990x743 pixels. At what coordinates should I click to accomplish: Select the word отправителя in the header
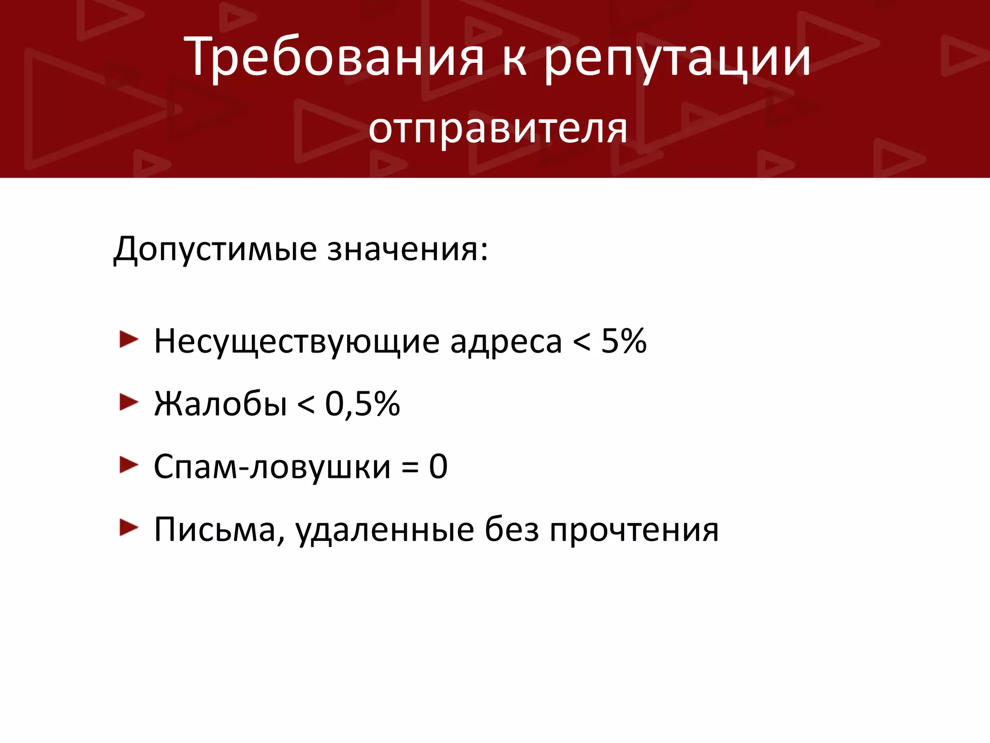[x=497, y=130]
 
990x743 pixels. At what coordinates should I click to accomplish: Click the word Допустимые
[x=215, y=250]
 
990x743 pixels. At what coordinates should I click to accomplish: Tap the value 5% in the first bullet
[x=624, y=341]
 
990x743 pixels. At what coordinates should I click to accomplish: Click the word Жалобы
[x=220, y=404]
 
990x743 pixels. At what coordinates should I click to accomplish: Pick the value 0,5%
[x=362, y=404]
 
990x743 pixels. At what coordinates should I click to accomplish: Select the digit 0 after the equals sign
[x=438, y=467]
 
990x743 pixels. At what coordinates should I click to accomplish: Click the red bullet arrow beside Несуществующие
[x=129, y=340]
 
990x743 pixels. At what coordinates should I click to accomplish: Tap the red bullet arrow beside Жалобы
[x=129, y=402]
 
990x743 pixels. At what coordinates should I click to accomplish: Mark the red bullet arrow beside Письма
[x=129, y=528]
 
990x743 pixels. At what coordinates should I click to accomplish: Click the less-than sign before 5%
[x=582, y=342]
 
